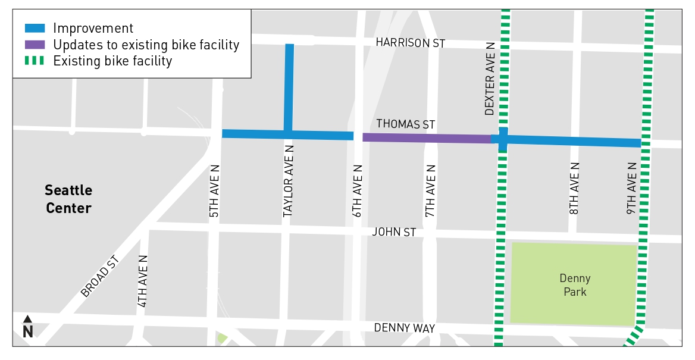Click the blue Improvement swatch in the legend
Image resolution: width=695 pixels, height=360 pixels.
click(35, 28)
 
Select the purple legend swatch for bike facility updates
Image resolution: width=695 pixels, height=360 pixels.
click(35, 45)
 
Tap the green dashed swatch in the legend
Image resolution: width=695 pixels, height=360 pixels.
click(35, 61)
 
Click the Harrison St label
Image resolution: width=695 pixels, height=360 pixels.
click(411, 43)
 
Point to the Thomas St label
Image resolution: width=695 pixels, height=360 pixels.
click(406, 124)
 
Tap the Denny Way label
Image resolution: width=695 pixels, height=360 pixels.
click(405, 328)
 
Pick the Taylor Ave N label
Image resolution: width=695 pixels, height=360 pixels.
click(288, 181)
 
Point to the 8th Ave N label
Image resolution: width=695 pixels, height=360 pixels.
click(574, 188)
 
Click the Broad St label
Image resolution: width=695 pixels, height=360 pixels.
click(100, 276)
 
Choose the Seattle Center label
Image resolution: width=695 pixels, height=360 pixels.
click(69, 199)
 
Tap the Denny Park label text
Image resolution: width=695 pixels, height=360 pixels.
click(575, 285)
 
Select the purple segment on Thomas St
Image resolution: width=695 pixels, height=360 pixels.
click(426, 138)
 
